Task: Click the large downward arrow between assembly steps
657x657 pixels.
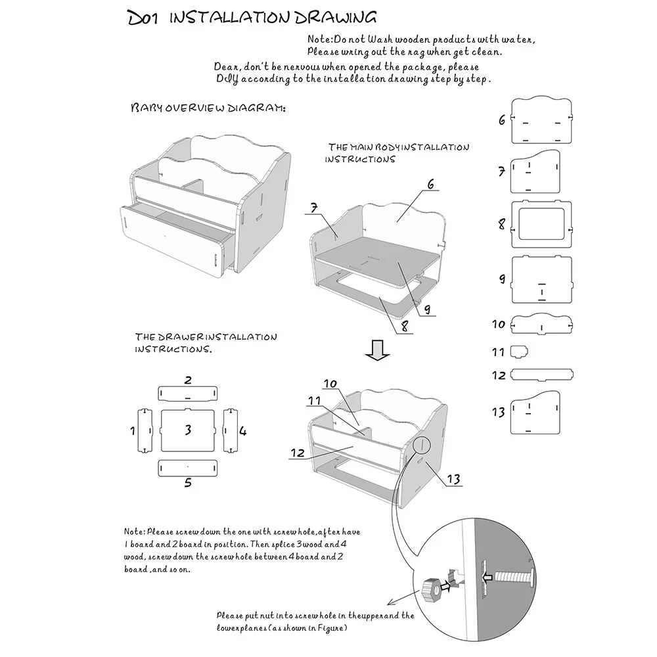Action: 377,350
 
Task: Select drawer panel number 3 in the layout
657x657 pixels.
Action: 188,430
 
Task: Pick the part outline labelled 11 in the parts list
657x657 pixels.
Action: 519,351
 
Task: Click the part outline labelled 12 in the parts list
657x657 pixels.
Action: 542,374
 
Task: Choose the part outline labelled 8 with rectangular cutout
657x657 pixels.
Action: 541,224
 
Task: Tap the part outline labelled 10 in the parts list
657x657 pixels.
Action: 542,324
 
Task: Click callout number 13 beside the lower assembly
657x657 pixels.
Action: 453,478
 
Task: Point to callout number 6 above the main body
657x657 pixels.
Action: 431,184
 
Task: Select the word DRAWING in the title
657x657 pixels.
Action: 335,17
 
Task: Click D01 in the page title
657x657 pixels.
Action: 143,18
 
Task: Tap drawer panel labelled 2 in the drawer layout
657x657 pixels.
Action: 188,394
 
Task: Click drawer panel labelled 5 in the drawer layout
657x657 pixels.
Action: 188,468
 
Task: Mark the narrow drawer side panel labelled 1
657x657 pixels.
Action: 145,430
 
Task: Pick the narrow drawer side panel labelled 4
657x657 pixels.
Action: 231,430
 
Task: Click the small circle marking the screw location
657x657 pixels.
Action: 422,445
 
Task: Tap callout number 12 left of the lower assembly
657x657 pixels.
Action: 298,453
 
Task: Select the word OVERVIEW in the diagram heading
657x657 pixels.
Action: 194,108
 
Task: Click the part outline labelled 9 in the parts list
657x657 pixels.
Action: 542,279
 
